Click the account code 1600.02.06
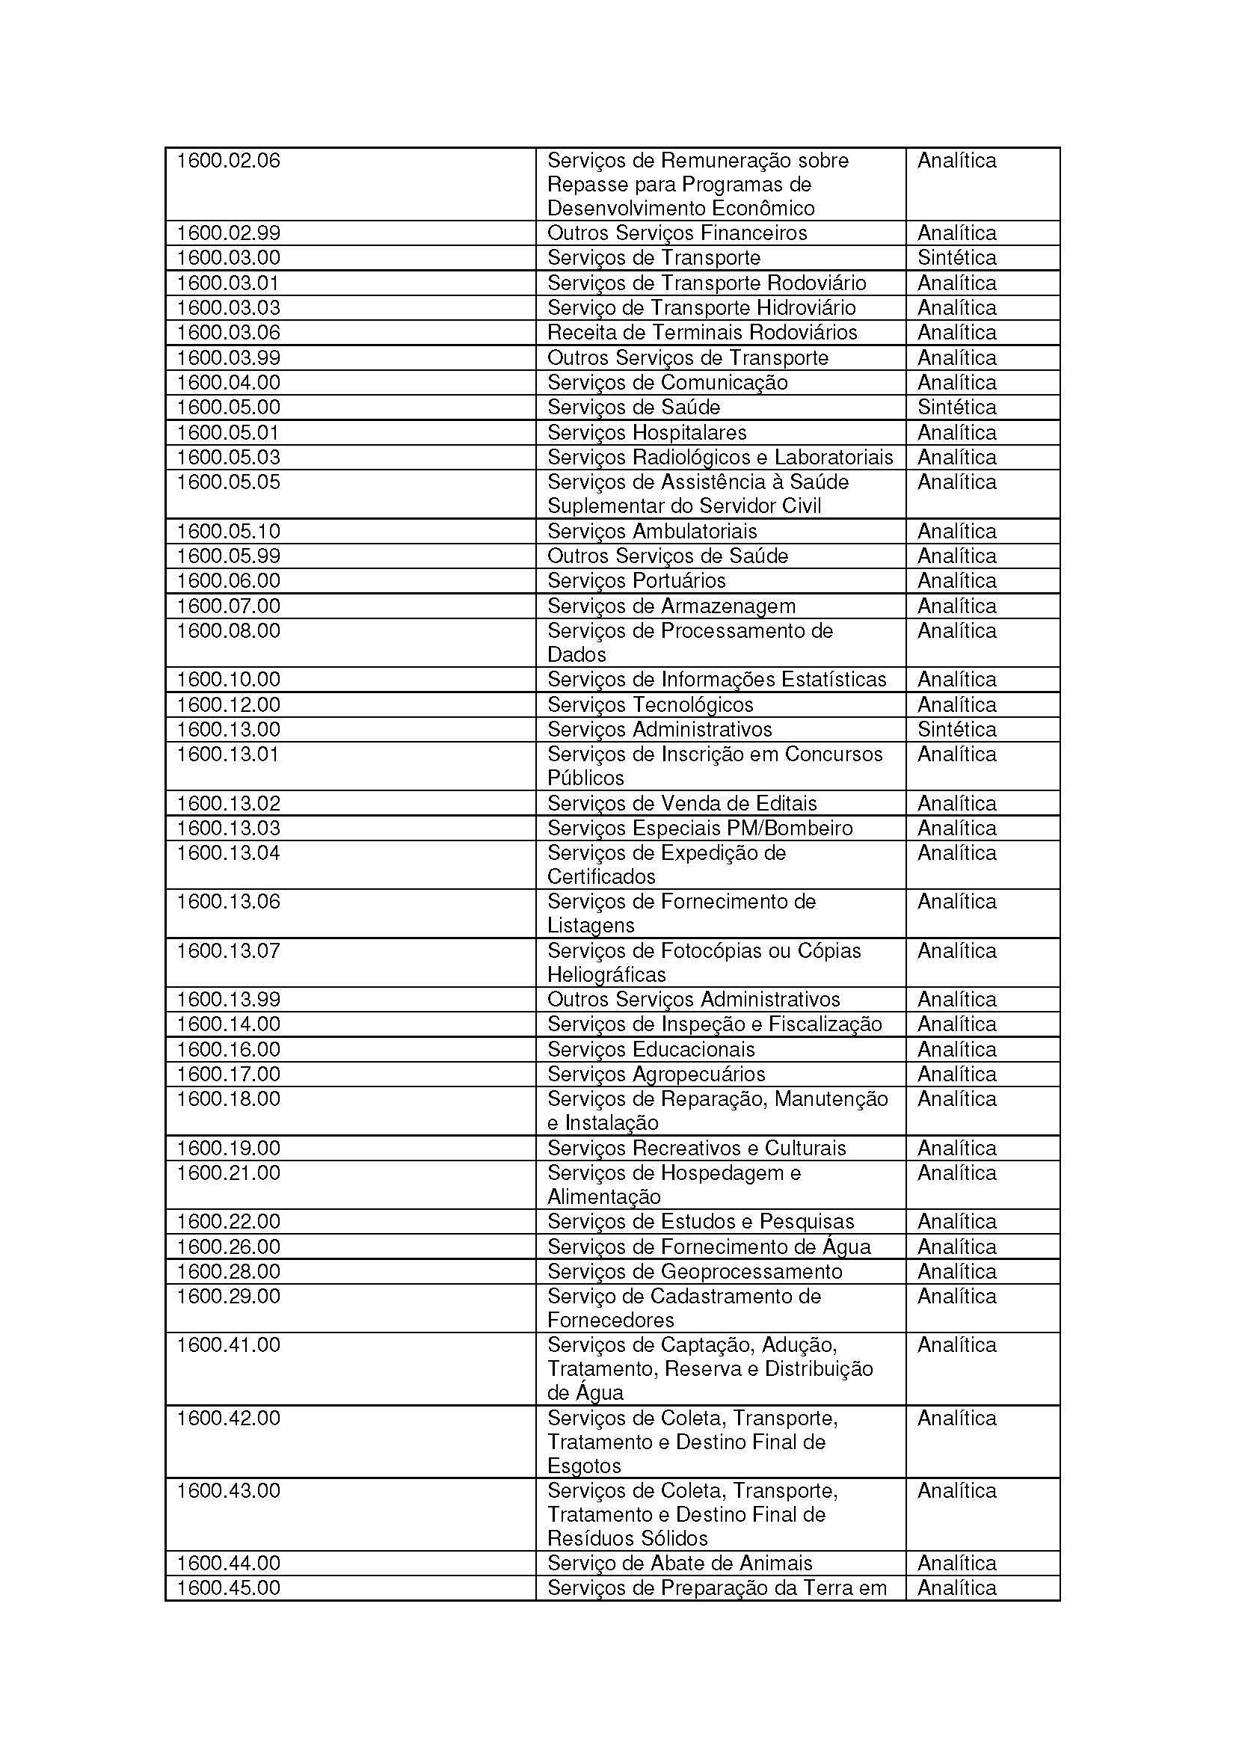coord(229,161)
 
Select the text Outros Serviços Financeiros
coord(677,233)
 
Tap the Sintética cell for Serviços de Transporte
coord(956,257)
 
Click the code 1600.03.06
coord(229,333)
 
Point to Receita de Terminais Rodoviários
coord(702,333)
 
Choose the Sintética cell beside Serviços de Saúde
coord(956,408)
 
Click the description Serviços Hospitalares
coord(647,433)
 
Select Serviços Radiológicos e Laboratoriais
coord(719,458)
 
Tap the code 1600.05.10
coord(229,532)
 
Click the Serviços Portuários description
coord(636,581)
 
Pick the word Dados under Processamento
coord(577,655)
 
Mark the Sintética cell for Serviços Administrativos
coord(956,730)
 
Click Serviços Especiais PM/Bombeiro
coord(700,829)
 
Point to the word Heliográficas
coord(607,975)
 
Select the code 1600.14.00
coord(229,1024)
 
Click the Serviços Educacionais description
coord(651,1050)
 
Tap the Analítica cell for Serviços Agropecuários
coord(956,1075)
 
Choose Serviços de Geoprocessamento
coord(695,1272)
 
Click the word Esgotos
coord(585,1466)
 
